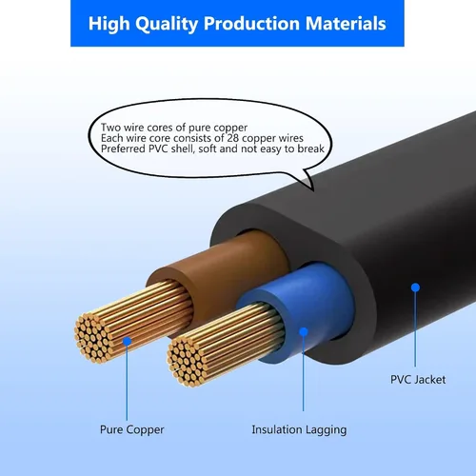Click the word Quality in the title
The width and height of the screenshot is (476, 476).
click(167, 24)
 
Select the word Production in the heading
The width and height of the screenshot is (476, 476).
click(251, 23)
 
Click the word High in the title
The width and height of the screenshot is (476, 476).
click(109, 24)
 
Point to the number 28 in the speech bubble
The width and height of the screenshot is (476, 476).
click(232, 138)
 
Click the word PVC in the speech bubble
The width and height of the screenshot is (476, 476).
click(159, 149)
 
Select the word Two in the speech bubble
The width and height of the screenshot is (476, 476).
click(110, 128)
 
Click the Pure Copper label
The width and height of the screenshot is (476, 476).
click(132, 429)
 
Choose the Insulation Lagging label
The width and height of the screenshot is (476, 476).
click(299, 430)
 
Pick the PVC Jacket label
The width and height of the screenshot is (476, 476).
click(418, 380)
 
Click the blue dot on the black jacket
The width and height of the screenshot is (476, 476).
click(415, 288)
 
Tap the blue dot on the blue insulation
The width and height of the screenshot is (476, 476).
click(304, 332)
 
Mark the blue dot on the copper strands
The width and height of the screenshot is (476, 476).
click(127, 342)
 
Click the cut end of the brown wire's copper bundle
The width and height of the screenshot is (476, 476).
click(92, 337)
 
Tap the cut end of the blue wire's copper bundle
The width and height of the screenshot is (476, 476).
click(185, 361)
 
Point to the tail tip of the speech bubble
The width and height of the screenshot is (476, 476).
click(313, 190)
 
